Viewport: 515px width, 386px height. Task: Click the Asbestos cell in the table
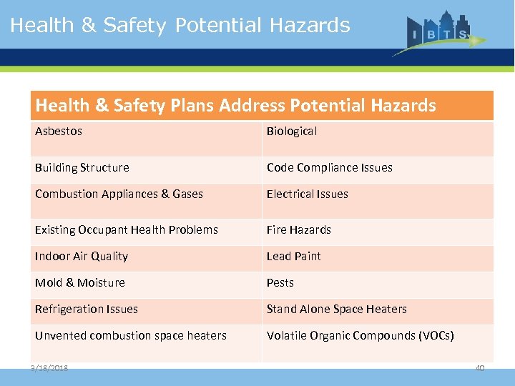tap(59, 132)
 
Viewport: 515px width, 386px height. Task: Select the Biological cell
tap(292, 132)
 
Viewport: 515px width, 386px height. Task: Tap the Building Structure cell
tap(82, 168)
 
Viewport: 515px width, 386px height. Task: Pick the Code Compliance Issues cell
tap(330, 168)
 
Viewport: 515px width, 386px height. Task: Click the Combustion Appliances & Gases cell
tap(119, 194)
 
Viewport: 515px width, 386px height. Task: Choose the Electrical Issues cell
tap(308, 194)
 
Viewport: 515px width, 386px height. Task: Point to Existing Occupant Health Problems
tap(127, 230)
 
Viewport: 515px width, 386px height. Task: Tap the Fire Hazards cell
tap(299, 230)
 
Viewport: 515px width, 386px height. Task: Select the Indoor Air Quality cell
tap(82, 257)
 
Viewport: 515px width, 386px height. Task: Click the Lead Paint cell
tap(294, 257)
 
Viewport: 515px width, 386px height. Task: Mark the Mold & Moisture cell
tap(80, 283)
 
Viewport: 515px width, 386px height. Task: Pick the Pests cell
tap(280, 283)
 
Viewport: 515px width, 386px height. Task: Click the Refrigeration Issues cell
tap(87, 310)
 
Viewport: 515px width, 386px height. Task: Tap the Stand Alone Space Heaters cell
tap(337, 310)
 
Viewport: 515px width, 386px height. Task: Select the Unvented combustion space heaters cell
tap(131, 336)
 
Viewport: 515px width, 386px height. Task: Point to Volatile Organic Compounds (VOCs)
tap(360, 336)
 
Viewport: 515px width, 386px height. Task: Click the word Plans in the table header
tap(192, 106)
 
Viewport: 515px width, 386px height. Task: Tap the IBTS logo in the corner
tap(438, 32)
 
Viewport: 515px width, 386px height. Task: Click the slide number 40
tap(480, 368)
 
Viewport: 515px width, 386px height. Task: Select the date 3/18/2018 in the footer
tap(49, 368)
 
